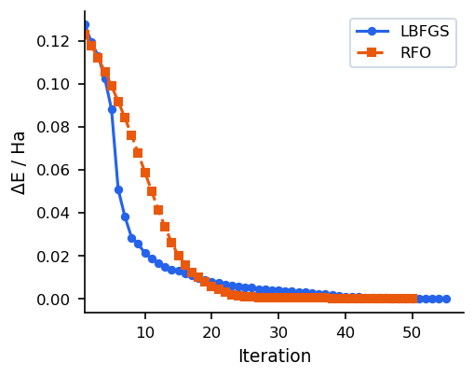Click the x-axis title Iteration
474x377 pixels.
275,356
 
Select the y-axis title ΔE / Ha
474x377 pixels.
19,162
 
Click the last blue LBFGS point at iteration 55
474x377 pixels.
446,299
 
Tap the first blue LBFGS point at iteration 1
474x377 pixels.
85,25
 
